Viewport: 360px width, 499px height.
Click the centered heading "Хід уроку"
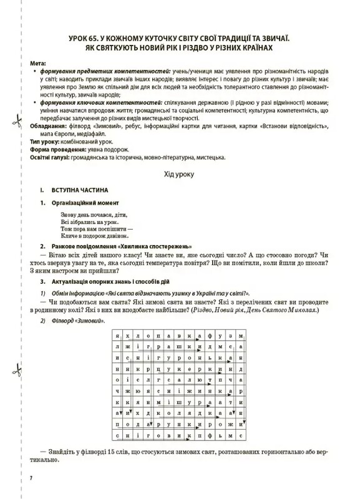(x=179, y=175)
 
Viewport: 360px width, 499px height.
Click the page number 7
(x=31, y=477)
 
